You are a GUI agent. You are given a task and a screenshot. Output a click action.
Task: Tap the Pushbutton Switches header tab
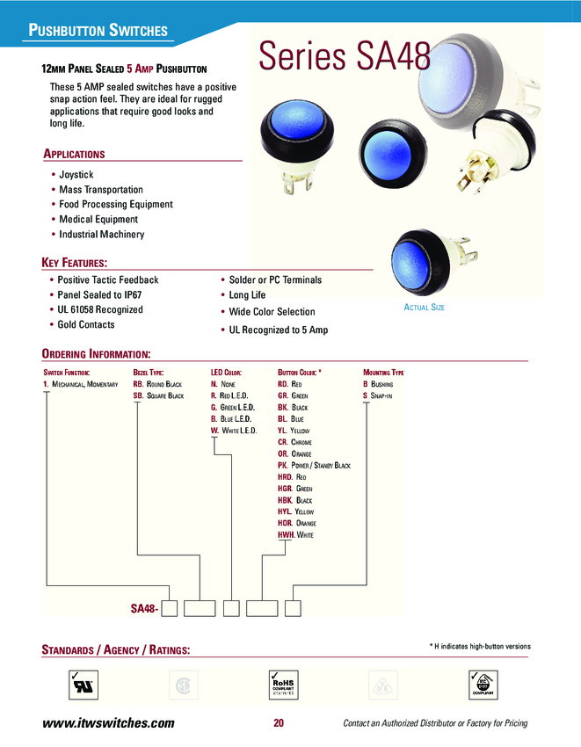[98, 31]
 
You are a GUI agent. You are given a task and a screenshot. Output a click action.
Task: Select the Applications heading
[74, 155]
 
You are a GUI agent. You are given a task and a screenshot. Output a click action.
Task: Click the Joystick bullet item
[76, 175]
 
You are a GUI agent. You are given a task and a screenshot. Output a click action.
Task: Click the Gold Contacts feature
[86, 325]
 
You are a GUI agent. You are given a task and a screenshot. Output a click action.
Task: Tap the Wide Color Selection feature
[272, 312]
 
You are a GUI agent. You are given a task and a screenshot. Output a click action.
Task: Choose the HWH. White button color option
[295, 534]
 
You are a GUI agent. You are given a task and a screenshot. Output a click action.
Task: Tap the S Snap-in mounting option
[378, 396]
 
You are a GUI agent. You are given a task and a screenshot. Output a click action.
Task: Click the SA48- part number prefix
[144, 608]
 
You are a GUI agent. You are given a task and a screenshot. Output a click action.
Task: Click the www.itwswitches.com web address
[109, 723]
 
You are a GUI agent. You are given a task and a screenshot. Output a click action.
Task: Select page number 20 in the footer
[279, 723]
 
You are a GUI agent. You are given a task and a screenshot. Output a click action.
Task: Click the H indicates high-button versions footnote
[480, 646]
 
